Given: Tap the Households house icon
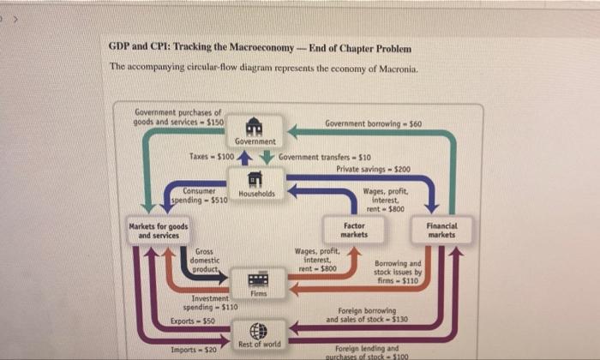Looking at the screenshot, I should coord(255,179).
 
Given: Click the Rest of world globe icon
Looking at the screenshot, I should coord(258,331).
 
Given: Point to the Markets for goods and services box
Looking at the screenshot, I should coord(158,231).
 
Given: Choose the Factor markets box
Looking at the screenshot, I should coord(354,230).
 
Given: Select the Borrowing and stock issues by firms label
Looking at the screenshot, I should coord(399,271).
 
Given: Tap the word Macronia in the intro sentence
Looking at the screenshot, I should coord(393,67).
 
